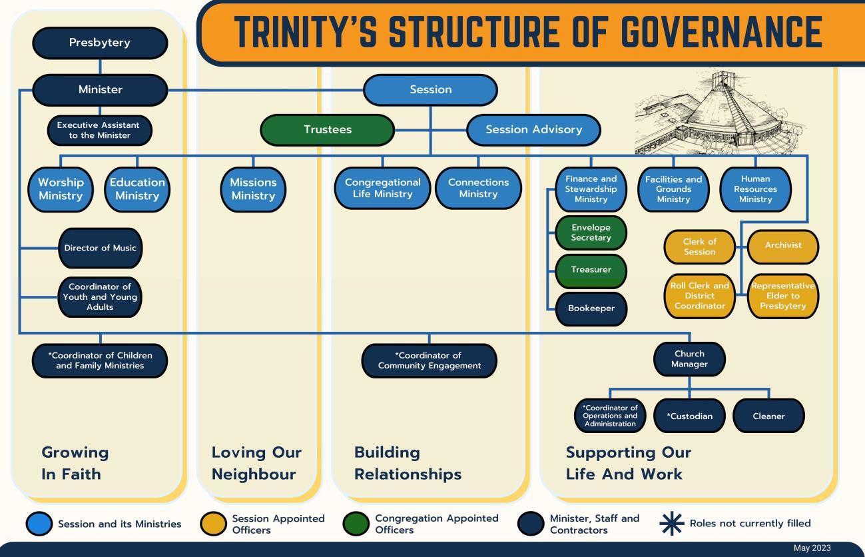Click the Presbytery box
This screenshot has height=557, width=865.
click(x=100, y=43)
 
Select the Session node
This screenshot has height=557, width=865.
click(x=430, y=90)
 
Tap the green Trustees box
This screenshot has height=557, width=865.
click(x=327, y=130)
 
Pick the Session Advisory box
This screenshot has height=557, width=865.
click(x=533, y=130)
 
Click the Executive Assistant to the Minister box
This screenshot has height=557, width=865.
click(x=100, y=130)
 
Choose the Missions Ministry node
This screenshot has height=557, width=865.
click(x=253, y=189)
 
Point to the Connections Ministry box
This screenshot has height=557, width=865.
click(x=478, y=188)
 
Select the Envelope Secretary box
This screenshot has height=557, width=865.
click(x=591, y=233)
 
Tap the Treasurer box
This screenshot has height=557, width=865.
click(x=591, y=270)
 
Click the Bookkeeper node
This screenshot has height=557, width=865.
click(x=591, y=308)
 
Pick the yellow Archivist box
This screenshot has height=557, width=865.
click(x=783, y=245)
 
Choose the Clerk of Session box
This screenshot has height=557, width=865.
click(x=699, y=247)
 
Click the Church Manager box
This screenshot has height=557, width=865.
click(x=689, y=359)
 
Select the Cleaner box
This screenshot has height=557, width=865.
click(x=768, y=416)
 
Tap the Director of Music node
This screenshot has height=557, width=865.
click(x=100, y=248)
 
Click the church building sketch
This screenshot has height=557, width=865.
click(x=719, y=113)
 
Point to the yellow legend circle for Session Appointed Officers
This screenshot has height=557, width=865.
click(x=213, y=524)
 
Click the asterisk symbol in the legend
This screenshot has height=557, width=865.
click(x=671, y=524)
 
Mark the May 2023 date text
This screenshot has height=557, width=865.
click(x=812, y=548)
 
